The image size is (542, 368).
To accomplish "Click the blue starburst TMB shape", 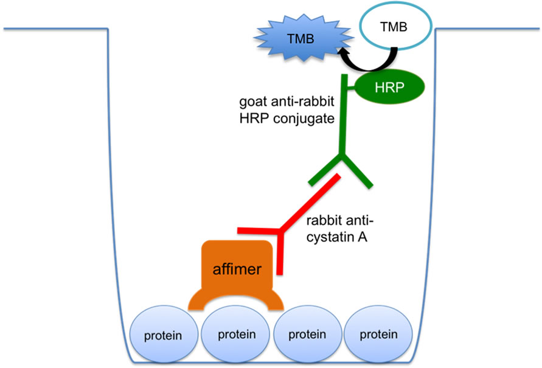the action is (x=303, y=38).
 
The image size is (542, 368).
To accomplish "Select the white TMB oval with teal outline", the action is (x=395, y=27).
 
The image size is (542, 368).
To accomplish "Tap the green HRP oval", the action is (x=389, y=87).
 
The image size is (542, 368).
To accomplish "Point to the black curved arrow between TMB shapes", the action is (x=370, y=63).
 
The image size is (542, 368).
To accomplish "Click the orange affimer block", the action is (x=237, y=273).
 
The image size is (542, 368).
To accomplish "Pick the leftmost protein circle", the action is (x=164, y=334).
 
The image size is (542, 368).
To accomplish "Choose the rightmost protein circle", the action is (x=378, y=334).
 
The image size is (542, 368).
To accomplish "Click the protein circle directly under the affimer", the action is (x=235, y=334).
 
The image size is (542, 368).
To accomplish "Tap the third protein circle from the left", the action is (x=307, y=334).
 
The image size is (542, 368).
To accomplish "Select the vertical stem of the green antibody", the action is (x=343, y=116).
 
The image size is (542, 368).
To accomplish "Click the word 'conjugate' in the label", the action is (x=304, y=119).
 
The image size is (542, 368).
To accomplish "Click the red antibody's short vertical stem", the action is (x=279, y=253).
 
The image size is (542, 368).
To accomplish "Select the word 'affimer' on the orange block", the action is (x=237, y=269).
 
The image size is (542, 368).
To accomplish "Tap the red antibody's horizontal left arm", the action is (x=259, y=231).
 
